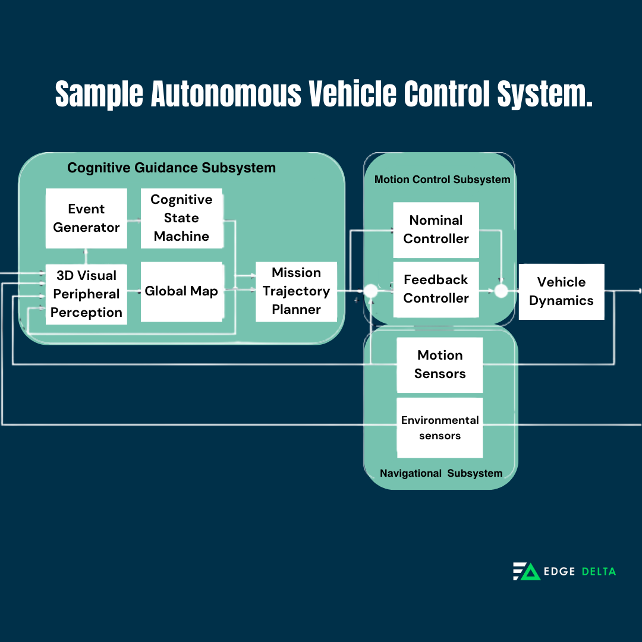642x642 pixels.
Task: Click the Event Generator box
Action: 86,218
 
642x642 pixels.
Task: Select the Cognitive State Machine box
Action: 181,218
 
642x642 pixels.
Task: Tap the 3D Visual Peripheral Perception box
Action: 86,294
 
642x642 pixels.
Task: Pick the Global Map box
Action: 181,291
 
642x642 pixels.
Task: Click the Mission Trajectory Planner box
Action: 296,291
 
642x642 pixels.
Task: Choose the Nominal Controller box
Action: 436,229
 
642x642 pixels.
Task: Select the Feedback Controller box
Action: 436,289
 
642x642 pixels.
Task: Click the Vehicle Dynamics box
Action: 561,291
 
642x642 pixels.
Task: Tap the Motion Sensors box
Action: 439,364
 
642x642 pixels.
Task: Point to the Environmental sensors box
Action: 439,428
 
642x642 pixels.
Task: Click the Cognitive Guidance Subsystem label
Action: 171,168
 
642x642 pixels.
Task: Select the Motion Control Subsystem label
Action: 442,180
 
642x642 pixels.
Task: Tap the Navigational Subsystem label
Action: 441,473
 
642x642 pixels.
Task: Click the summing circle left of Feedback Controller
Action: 371,291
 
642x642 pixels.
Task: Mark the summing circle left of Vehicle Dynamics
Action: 501,291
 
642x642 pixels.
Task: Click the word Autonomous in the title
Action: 226,94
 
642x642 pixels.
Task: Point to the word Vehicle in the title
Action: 352,94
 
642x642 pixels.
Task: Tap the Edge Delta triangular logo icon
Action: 526,571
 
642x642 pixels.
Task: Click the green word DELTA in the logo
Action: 598,571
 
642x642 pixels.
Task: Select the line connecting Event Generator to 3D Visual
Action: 86,256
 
